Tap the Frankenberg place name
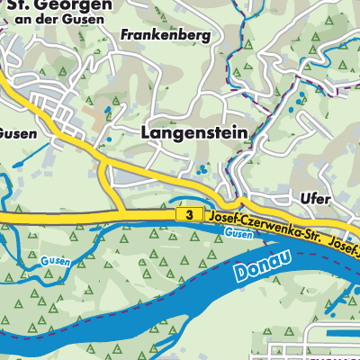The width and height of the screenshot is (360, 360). pos(164,35)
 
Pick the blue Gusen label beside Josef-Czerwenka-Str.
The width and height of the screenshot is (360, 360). pos(238,233)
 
